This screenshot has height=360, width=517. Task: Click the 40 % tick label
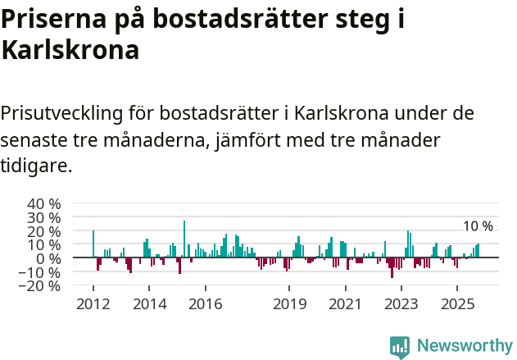(43, 203)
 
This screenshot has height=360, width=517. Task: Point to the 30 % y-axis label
(43, 217)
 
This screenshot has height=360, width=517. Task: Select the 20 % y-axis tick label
(43, 231)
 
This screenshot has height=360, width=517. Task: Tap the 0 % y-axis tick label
(48, 258)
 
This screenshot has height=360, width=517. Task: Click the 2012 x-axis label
(93, 304)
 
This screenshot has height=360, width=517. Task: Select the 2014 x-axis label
(148, 304)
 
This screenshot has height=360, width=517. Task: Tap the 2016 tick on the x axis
(205, 304)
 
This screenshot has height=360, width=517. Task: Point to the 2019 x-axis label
(288, 304)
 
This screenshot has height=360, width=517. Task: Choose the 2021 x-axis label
(345, 304)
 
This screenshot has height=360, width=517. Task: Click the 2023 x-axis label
(401, 304)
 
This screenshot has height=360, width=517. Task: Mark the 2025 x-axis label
(456, 304)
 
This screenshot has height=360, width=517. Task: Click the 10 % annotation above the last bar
(478, 226)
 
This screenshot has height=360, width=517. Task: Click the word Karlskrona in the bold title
(70, 51)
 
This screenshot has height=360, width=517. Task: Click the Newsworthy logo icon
(400, 347)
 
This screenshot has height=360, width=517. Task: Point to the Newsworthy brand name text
(465, 347)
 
